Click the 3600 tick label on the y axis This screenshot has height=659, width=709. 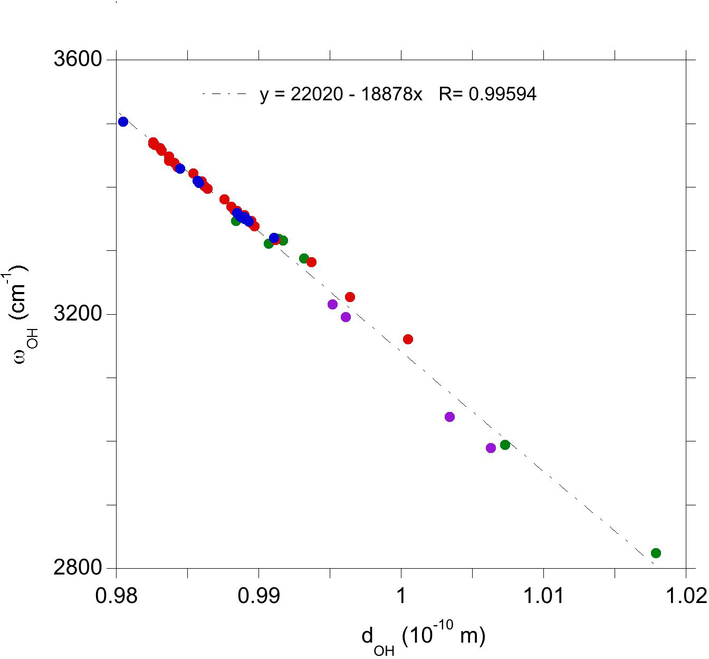[x=78, y=59]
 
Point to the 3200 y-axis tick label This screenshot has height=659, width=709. [x=78, y=314]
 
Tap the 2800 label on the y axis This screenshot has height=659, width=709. [x=78, y=568]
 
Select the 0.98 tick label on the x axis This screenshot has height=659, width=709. [x=116, y=596]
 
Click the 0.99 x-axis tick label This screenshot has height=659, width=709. [x=258, y=596]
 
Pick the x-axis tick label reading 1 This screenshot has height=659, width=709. [x=401, y=596]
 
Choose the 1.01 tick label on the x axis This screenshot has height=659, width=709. [x=543, y=596]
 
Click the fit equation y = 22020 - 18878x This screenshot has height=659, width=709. [x=341, y=95]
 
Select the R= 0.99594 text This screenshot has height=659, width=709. [x=487, y=95]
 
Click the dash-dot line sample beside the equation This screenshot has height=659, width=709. [x=224, y=94]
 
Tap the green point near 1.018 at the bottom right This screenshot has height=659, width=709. [x=656, y=553]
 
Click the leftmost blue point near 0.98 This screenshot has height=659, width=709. [x=123, y=121]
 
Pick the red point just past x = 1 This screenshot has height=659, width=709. [x=408, y=339]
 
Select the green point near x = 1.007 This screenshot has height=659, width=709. [x=505, y=445]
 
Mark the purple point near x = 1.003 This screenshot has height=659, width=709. [x=449, y=417]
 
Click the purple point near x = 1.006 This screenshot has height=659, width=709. [x=491, y=448]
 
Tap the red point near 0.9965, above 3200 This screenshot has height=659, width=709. [x=350, y=297]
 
